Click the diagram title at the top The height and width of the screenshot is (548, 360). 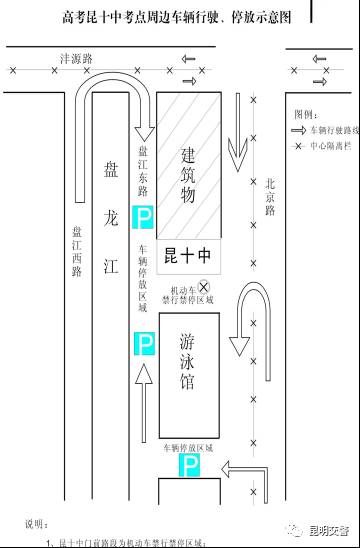(x=175, y=18)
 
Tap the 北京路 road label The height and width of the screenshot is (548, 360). (x=268, y=200)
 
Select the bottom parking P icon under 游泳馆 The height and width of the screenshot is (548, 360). (x=188, y=465)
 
